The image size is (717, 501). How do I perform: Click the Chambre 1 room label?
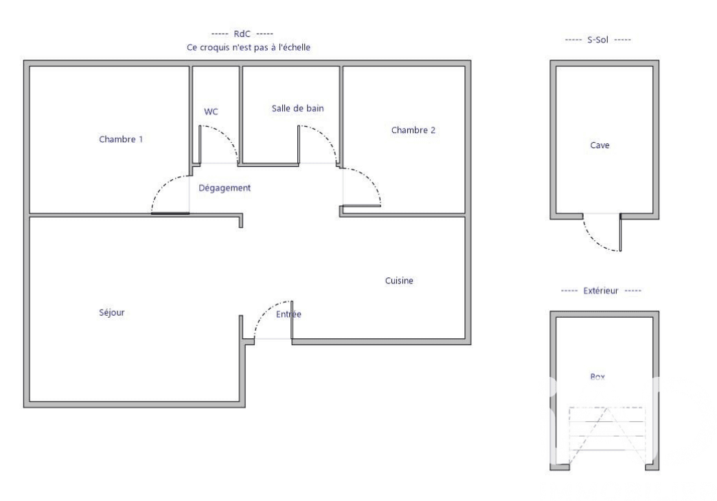tap(121, 139)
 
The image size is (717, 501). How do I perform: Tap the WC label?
tap(211, 112)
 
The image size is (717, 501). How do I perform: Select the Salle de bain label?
tap(297, 108)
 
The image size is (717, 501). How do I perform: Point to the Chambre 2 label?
tap(413, 130)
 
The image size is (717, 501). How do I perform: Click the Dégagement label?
tap(225, 188)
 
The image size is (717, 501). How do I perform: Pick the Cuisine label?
tap(399, 281)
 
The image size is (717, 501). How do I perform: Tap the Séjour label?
tap(111, 313)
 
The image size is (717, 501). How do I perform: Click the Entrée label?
tap(288, 314)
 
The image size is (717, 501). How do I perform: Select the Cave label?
tap(600, 145)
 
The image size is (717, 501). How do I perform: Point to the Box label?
tap(597, 377)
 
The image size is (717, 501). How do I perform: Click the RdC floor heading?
tap(242, 34)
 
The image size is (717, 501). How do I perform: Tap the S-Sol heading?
tap(597, 40)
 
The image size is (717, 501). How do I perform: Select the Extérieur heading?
tap(600, 291)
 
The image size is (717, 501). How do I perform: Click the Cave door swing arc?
tap(593, 240)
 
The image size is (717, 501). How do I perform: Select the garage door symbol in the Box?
tap(607, 436)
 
